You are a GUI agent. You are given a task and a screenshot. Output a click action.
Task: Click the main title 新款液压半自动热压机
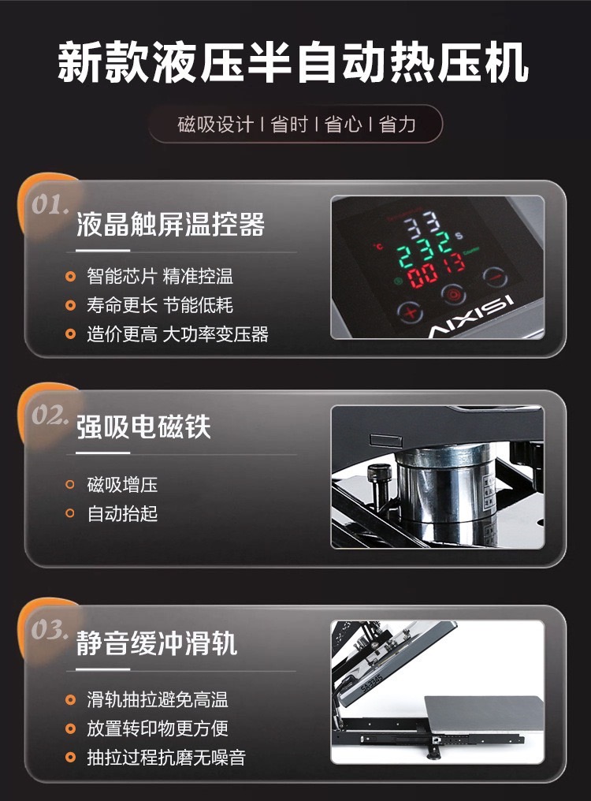click(292, 63)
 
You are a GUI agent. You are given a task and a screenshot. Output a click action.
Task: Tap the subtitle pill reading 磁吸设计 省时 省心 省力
click(295, 124)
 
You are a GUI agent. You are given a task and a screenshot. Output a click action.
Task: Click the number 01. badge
click(50, 205)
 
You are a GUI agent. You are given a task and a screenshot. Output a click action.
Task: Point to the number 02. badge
click(50, 415)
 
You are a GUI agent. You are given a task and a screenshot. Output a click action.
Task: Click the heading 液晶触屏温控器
click(171, 224)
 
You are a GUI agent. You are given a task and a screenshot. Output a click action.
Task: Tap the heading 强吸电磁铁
click(143, 427)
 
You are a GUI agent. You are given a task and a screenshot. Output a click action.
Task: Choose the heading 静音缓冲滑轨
click(157, 643)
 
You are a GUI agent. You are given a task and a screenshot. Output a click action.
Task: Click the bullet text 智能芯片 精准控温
click(160, 277)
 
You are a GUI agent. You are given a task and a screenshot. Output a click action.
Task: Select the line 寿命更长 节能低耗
click(160, 305)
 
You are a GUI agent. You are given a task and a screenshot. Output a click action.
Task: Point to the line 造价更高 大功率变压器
click(177, 334)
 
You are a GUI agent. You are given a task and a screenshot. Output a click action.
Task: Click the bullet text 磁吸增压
click(122, 484)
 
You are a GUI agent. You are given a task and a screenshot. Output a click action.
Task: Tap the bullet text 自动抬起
click(122, 513)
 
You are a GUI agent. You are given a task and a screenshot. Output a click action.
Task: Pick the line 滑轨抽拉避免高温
click(158, 699)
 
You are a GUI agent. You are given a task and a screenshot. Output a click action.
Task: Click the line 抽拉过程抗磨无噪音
click(166, 757)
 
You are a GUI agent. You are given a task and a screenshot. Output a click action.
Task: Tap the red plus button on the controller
click(411, 311)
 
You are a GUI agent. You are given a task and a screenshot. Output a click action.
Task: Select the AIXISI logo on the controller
click(471, 317)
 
